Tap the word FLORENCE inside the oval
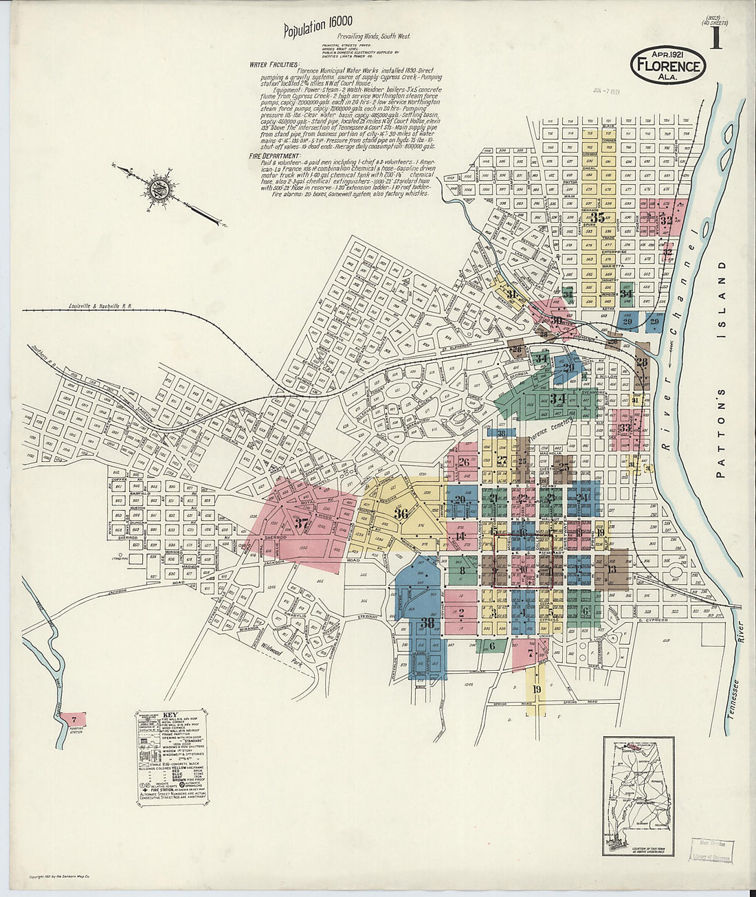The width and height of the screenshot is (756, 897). tap(668, 66)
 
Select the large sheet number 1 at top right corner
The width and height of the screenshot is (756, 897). tap(715, 38)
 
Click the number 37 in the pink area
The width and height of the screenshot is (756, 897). tap(301, 522)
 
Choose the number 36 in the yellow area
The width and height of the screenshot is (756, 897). tap(401, 513)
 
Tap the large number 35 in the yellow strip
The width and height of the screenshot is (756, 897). tap(597, 218)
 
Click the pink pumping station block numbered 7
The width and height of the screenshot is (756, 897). tap(73, 719)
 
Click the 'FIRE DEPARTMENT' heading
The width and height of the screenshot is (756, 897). tap(274, 157)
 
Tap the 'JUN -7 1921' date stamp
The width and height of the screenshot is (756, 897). tap(605, 91)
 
